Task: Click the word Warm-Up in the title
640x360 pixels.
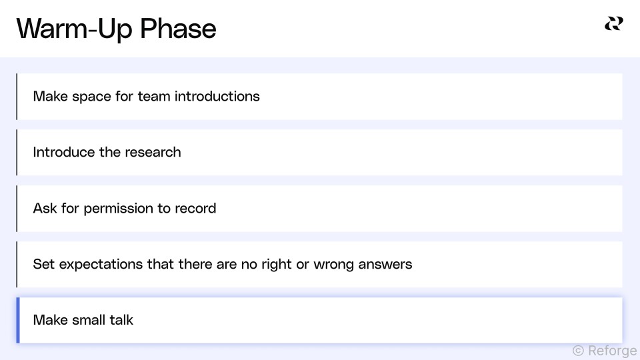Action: click(74, 29)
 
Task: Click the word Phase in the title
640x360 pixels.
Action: click(178, 29)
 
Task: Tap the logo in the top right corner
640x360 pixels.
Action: click(614, 24)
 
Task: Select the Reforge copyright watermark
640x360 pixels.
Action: click(605, 351)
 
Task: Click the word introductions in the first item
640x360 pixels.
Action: click(217, 96)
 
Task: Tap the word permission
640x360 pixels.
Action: click(119, 209)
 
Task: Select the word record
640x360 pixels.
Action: click(195, 209)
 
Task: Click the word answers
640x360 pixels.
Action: click(385, 265)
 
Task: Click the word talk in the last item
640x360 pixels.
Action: click(121, 320)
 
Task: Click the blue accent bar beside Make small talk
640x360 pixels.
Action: click(18, 321)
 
